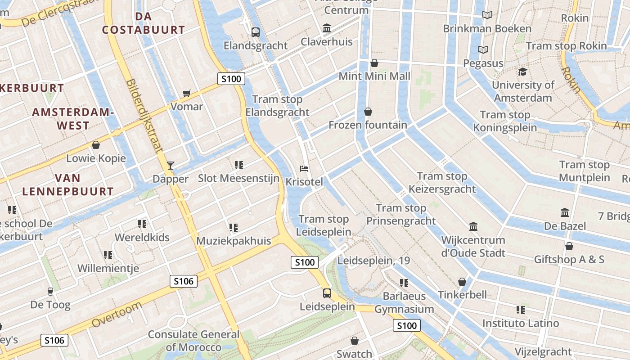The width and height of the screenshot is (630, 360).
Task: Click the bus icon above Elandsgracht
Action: [256, 32]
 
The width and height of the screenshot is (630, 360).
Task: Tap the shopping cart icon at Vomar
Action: [187, 93]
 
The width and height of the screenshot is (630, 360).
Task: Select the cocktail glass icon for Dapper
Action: [170, 165]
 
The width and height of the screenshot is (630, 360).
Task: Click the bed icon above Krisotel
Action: [304, 169]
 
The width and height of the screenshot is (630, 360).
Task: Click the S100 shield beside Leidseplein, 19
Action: [305, 262]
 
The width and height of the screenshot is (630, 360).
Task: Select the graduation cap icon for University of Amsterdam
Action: [522, 72]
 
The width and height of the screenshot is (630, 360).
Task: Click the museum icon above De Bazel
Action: [564, 212]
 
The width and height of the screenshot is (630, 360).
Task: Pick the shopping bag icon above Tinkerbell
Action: [462, 282]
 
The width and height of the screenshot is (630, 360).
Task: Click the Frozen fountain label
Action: [368, 125]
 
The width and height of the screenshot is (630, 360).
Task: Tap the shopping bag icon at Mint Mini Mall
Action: [374, 63]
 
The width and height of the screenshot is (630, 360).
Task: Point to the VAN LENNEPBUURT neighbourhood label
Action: [68, 184]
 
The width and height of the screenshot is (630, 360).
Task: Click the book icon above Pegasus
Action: [483, 49]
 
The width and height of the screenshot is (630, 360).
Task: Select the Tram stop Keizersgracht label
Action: [442, 182]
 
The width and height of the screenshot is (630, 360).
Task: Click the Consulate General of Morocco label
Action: [193, 341]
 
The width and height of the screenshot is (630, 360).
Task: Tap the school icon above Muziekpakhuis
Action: [233, 227]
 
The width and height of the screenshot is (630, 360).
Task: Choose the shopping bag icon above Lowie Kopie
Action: [95, 145]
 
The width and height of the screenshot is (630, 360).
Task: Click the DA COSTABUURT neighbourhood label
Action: [143, 23]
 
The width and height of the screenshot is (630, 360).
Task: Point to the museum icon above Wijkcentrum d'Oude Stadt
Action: [473, 226]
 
